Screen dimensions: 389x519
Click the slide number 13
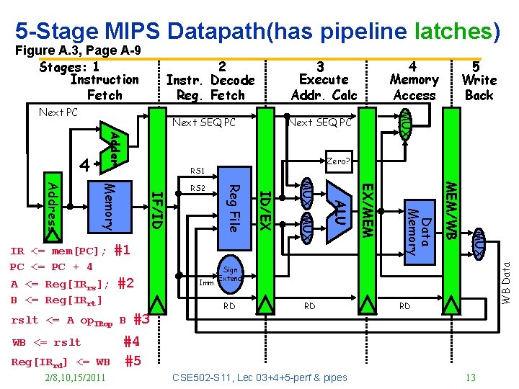(x=471, y=377)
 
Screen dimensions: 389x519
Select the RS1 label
(x=198, y=171)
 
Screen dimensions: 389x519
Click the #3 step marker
(x=141, y=320)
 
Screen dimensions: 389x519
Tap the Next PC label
(x=58, y=112)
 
